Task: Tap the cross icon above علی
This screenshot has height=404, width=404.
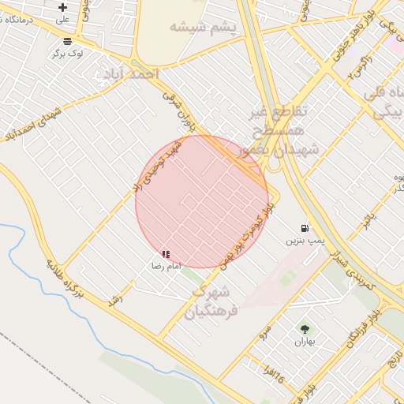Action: [x=63, y=7]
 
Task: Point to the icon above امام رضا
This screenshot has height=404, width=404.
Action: [x=166, y=254]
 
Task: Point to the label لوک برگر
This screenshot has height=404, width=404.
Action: [x=68, y=53]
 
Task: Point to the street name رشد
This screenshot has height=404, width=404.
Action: [x=118, y=304]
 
